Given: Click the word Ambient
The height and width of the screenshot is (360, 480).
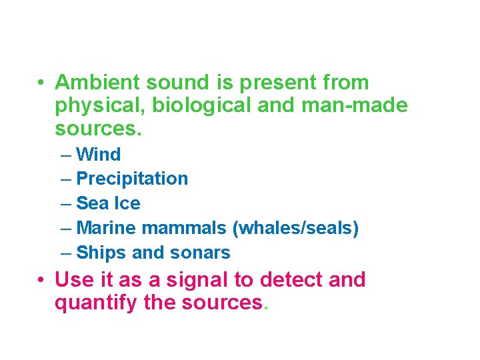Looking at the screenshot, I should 97,83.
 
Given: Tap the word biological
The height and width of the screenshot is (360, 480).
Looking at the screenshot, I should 203,105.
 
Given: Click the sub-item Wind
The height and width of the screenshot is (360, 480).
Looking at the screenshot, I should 99,155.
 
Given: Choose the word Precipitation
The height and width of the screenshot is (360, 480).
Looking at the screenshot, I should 132,179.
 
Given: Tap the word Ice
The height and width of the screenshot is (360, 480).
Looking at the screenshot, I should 127,203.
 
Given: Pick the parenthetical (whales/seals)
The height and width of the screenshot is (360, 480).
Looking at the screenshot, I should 295,228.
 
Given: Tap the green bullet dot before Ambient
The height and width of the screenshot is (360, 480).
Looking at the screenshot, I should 41,83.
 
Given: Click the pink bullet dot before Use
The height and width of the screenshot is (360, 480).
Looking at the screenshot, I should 41,280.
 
